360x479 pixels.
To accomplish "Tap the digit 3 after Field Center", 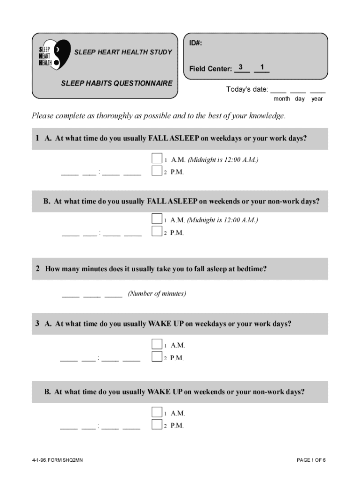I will (x=240, y=67).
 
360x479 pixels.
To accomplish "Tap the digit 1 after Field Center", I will (x=263, y=67).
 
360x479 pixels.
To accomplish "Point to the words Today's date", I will (x=247, y=89).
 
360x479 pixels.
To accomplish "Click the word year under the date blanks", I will (x=317, y=99).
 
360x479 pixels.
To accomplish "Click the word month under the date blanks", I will (x=281, y=99).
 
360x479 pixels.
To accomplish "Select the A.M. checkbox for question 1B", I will (x=157, y=218).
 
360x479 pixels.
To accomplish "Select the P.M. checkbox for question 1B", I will (x=157, y=231).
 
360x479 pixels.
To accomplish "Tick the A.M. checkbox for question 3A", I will (x=157, y=344).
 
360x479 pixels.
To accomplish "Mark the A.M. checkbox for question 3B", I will (x=157, y=412).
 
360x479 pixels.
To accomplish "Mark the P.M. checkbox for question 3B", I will (x=157, y=424).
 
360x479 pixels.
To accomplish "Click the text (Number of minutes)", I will (x=157, y=294).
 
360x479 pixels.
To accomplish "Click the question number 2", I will (x=37, y=269).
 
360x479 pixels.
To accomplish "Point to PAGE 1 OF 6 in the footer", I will (x=311, y=460).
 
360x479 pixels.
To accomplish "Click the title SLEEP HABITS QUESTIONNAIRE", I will (x=116, y=83).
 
